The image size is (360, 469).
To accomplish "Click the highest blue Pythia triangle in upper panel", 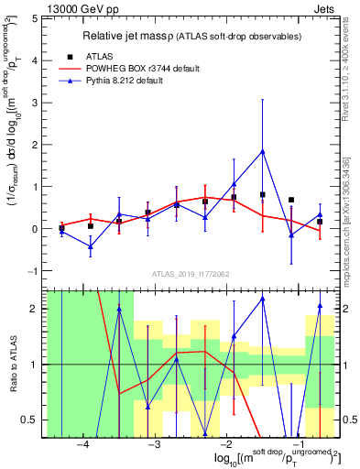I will pos(263,151).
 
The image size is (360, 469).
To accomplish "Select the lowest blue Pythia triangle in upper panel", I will pos(91,246).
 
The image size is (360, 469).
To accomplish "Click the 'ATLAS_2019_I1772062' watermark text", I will pos(190,274).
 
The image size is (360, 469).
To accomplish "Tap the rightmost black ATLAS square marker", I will pos(320,222).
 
